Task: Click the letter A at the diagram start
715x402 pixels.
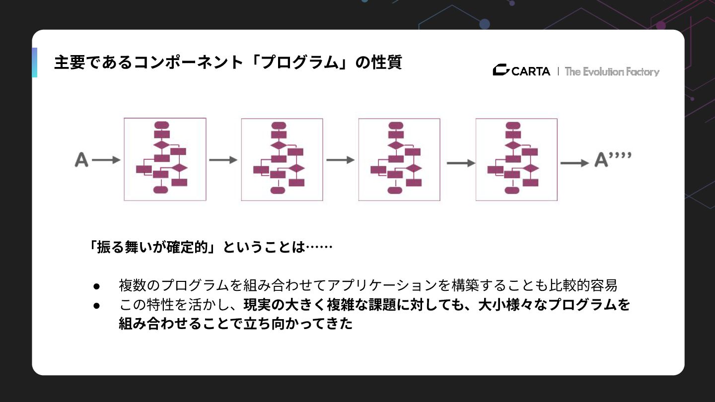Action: pyautogui.click(x=81, y=160)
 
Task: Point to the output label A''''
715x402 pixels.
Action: pyautogui.click(x=613, y=160)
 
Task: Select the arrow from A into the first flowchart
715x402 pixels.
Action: pyautogui.click(x=106, y=160)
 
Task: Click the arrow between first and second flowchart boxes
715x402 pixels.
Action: pyautogui.click(x=223, y=160)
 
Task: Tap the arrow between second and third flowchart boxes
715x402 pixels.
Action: pyautogui.click(x=340, y=160)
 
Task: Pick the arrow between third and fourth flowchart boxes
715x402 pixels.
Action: pyautogui.click(x=460, y=163)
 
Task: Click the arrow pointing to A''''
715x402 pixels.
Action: pyautogui.click(x=574, y=163)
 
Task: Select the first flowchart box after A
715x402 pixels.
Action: pyautogui.click(x=165, y=159)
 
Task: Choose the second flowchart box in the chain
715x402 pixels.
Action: pyautogui.click(x=282, y=159)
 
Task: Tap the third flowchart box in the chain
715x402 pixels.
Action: pyautogui.click(x=399, y=159)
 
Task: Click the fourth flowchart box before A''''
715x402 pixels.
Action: pyautogui.click(x=516, y=159)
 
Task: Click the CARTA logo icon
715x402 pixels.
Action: pyautogui.click(x=500, y=71)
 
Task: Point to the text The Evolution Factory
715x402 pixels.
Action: pyautogui.click(x=612, y=71)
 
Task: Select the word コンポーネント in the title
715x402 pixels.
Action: pyautogui.click(x=193, y=63)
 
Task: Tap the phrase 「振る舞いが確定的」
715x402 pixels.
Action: pyautogui.click(x=151, y=247)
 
